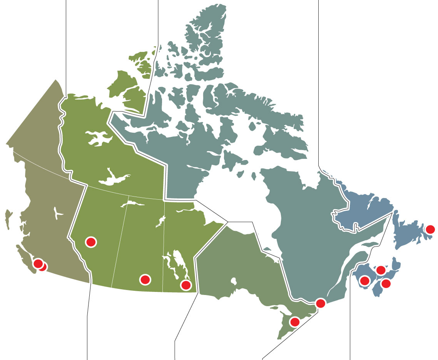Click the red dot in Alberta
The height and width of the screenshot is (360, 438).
pyautogui.click(x=91, y=242)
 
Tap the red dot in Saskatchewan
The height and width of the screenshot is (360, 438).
pyautogui.click(x=145, y=280)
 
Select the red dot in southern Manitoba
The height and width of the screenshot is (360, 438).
pyautogui.click(x=186, y=285)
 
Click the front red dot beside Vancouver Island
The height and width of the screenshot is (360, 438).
pyautogui.click(x=38, y=263)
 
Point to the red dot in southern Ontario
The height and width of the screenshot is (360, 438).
pyautogui.click(x=295, y=321)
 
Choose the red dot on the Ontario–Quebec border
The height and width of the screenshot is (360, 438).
pyautogui.click(x=320, y=303)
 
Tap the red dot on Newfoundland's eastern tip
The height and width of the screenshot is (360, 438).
pyautogui.click(x=431, y=230)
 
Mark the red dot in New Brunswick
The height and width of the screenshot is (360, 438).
pyautogui.click(x=364, y=280)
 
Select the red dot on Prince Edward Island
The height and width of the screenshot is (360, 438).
pyautogui.click(x=381, y=270)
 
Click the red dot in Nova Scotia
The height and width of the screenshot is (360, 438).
pyautogui.click(x=386, y=284)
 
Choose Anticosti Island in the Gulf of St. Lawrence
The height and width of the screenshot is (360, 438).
pyautogui.click(x=369, y=243)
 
